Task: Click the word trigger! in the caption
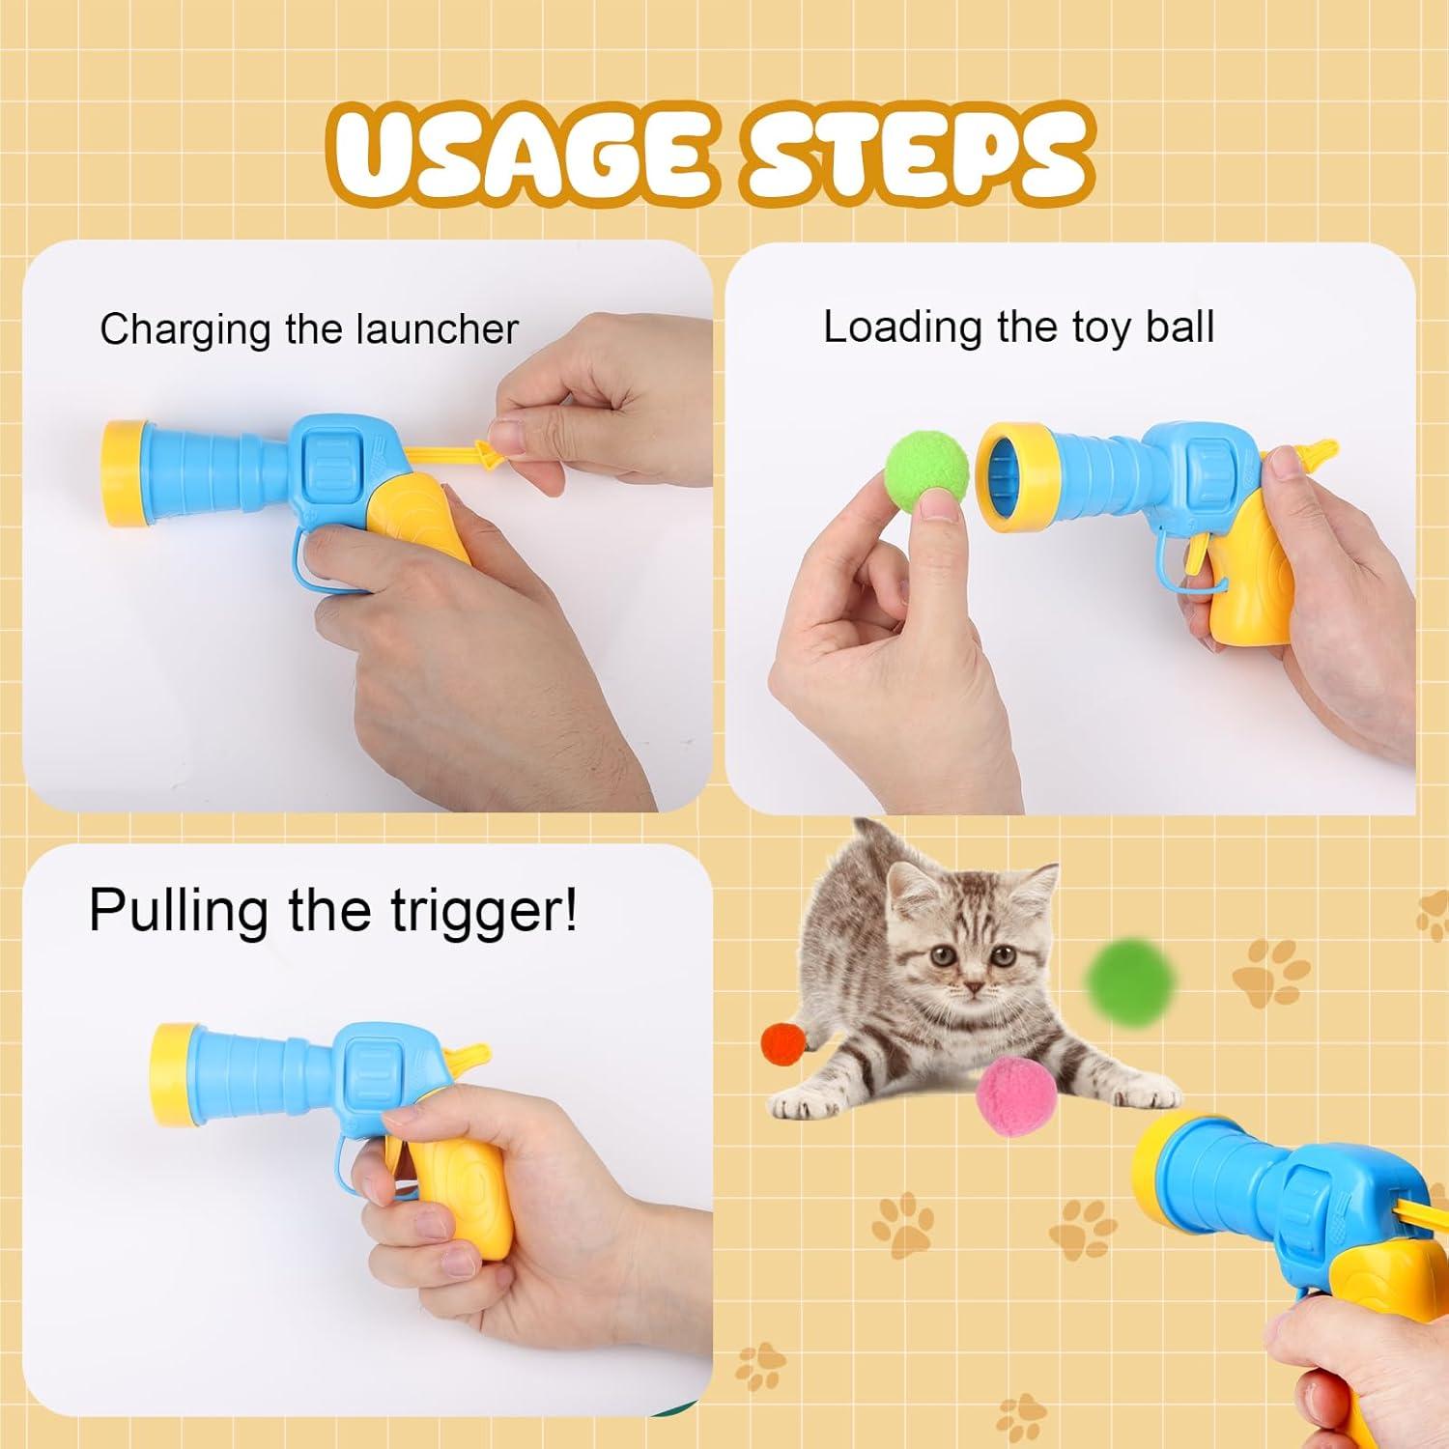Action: pyautogui.click(x=483, y=910)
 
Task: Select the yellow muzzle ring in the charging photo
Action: pyautogui.click(x=123, y=473)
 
